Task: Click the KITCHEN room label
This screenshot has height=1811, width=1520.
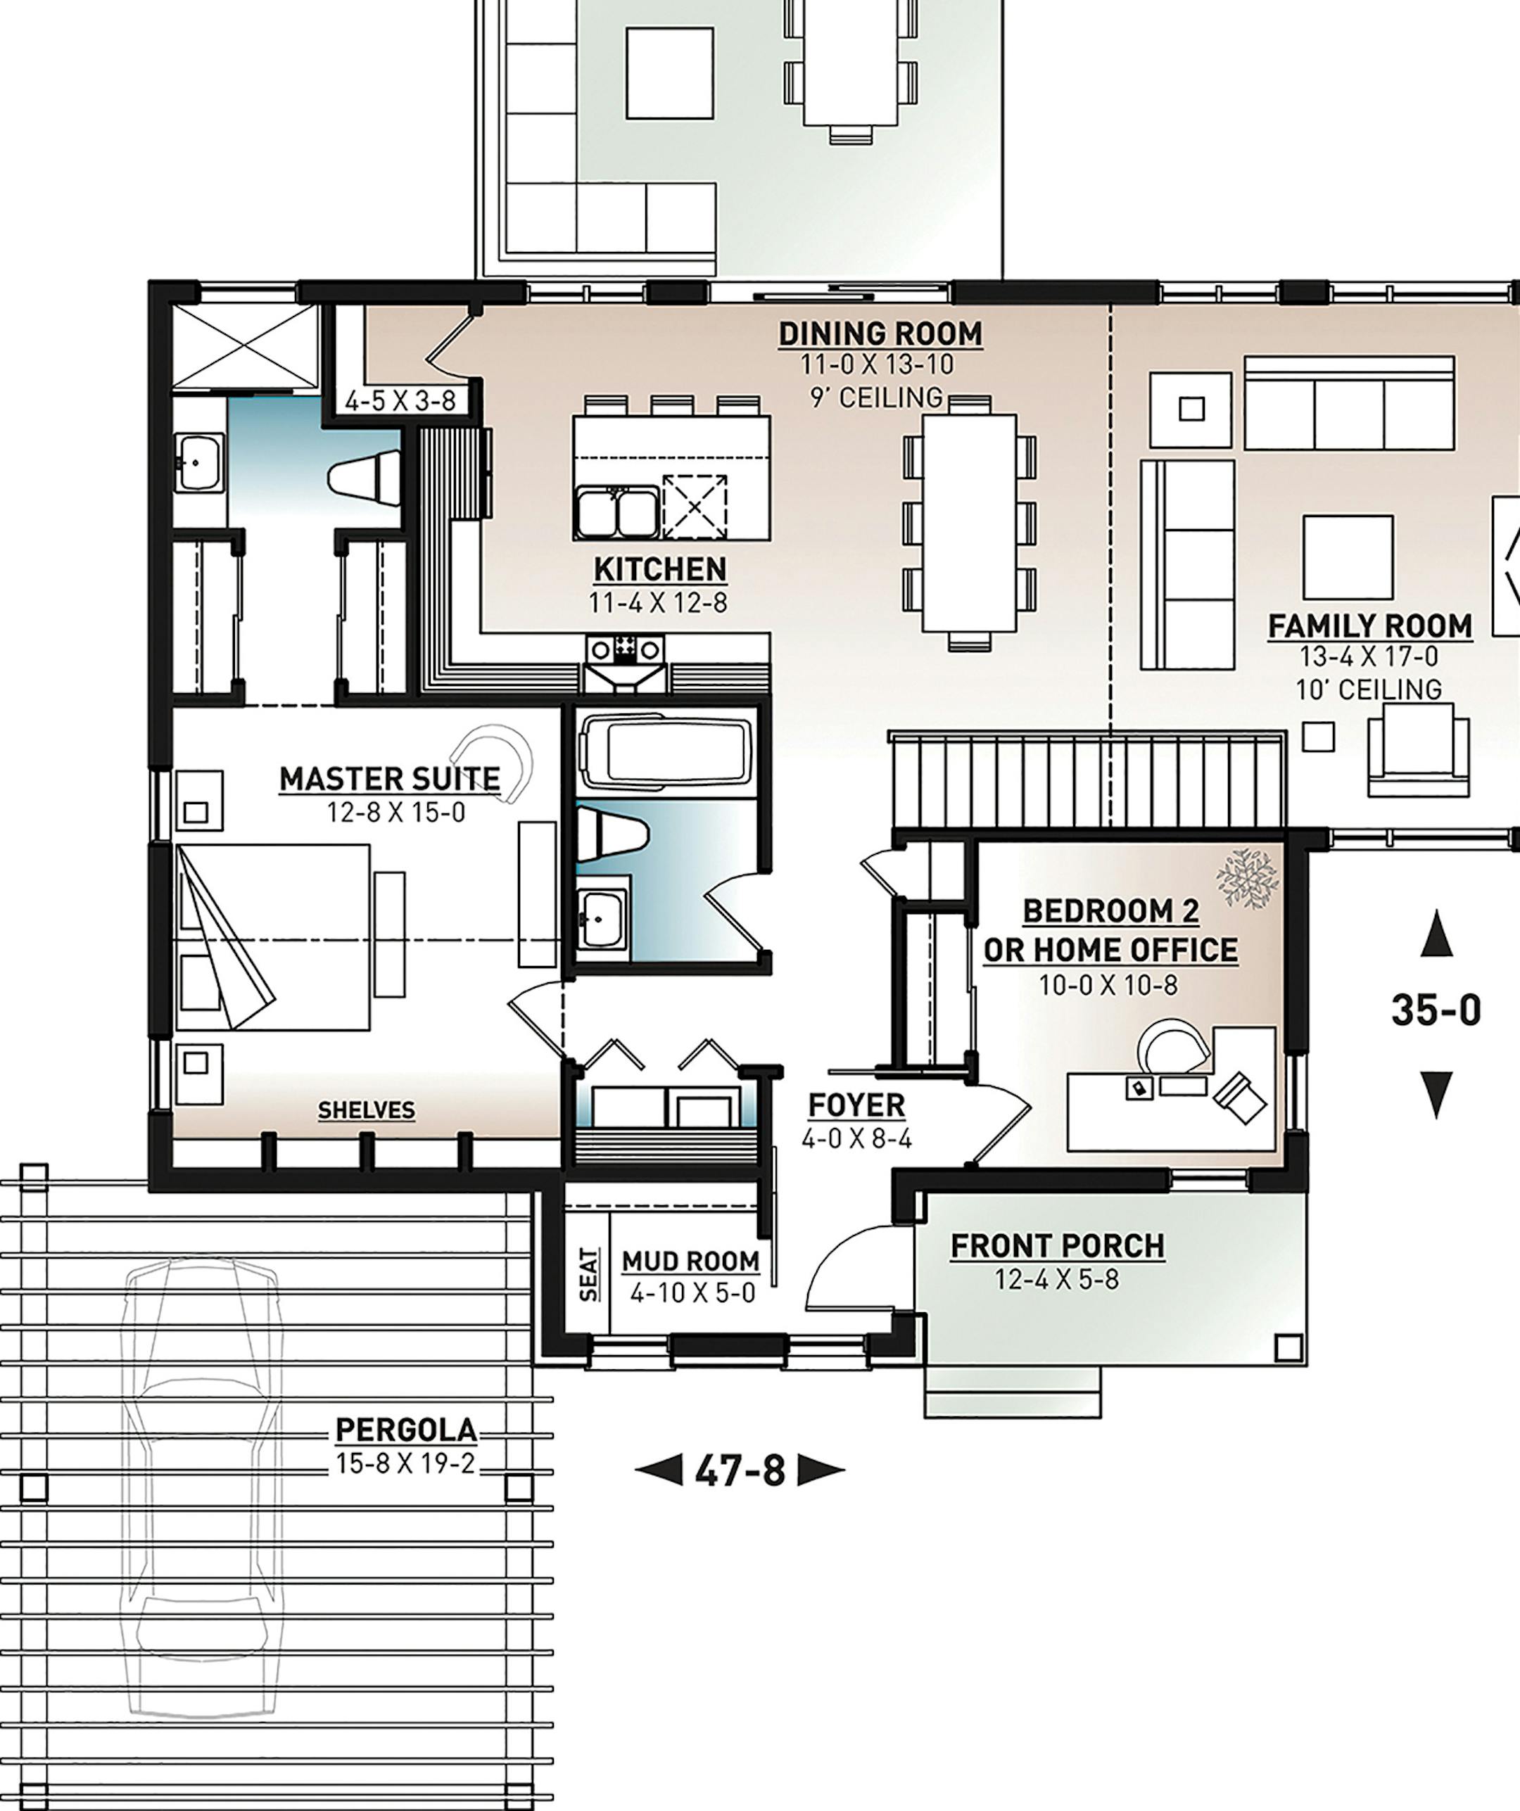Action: [660, 569]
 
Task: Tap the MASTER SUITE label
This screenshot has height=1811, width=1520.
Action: [390, 779]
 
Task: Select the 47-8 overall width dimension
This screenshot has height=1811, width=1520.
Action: [740, 1470]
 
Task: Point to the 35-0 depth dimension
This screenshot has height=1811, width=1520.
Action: [1436, 1010]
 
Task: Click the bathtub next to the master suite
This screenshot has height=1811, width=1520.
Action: [666, 750]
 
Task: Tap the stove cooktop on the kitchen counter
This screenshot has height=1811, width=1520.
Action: [625, 649]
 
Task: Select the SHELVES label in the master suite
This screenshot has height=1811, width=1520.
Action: [366, 1110]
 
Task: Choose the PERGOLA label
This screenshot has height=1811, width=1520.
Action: [405, 1430]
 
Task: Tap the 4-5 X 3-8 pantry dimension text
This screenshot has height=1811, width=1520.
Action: [400, 400]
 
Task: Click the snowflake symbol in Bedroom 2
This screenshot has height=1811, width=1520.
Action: [1246, 879]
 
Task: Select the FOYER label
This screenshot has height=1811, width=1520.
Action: [856, 1105]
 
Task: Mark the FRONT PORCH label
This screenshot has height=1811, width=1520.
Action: [1057, 1246]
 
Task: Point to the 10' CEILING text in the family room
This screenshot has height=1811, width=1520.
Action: [1368, 689]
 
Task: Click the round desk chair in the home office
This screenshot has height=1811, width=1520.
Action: [1173, 1046]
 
